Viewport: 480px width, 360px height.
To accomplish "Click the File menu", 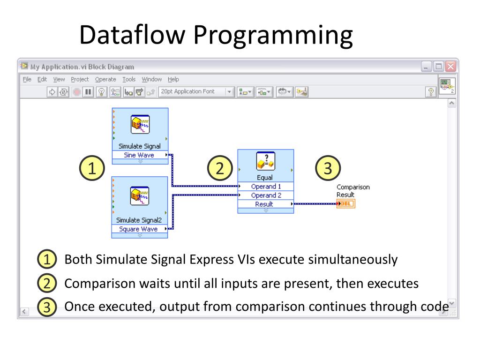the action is [27, 79].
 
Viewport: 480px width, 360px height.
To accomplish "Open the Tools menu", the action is [129, 79].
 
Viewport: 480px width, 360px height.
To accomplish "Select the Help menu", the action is [173, 79].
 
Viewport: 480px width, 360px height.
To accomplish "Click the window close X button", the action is [450, 67].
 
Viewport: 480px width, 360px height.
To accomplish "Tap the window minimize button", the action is [426, 67].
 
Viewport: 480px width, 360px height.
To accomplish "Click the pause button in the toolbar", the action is [88, 92].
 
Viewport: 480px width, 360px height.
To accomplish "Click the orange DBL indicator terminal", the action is [346, 204].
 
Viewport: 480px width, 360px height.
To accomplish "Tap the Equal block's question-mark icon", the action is [266, 161].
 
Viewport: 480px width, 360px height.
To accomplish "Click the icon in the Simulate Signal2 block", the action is [140, 196].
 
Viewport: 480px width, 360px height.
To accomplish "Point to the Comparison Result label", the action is [352, 191].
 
